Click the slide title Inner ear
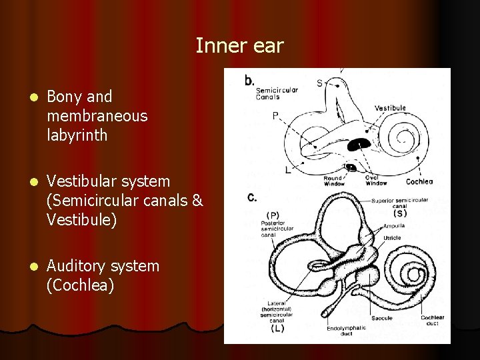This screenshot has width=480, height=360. coord(239,46)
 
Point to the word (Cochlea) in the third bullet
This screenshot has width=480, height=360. coord(81,285)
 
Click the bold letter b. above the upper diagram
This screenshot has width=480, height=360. coord(249,81)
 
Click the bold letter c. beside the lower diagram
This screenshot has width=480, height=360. coord(251,197)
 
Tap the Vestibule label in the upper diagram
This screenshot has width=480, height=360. coord(390,108)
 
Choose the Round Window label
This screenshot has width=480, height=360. coord(333,181)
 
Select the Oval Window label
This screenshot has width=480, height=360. coord(376,181)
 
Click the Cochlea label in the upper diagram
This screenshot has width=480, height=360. coord(419,181)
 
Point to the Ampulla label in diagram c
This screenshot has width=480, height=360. coord(393,226)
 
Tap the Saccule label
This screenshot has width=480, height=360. coord(382,318)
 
